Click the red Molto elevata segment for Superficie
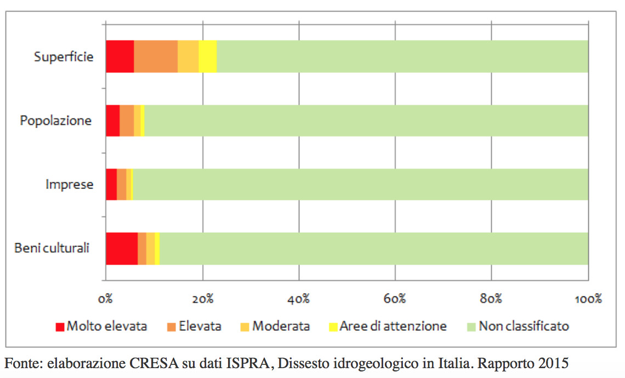(x=120, y=56)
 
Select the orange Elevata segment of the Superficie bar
(x=156, y=56)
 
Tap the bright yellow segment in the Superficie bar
(x=207, y=56)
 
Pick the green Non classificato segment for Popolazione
(x=366, y=121)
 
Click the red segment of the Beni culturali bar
(x=121, y=248)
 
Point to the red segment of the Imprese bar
(x=111, y=185)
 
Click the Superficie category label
(x=64, y=56)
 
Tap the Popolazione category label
(x=56, y=121)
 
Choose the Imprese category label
(x=69, y=185)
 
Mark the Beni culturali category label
(x=52, y=248)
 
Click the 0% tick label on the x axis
(x=106, y=299)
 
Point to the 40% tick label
(x=298, y=299)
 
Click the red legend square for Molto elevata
(x=60, y=327)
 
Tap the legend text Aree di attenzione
(x=393, y=327)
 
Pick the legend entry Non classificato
(x=524, y=327)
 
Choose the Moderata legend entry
(x=281, y=327)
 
